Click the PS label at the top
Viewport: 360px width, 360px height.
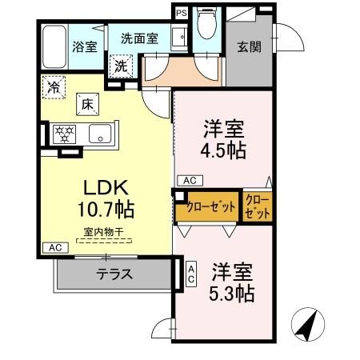(x=181, y=12)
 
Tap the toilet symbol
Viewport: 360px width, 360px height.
(x=207, y=24)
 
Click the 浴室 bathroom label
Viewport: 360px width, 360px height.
(x=84, y=46)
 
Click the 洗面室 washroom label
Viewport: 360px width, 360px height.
(x=140, y=37)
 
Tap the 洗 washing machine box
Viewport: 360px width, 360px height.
(x=121, y=66)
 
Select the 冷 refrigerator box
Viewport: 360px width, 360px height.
(x=54, y=84)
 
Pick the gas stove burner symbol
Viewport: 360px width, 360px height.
(x=65, y=134)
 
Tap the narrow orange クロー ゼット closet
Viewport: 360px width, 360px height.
(x=257, y=206)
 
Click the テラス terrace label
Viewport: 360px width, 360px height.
(x=114, y=274)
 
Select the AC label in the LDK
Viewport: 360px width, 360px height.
(x=53, y=249)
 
